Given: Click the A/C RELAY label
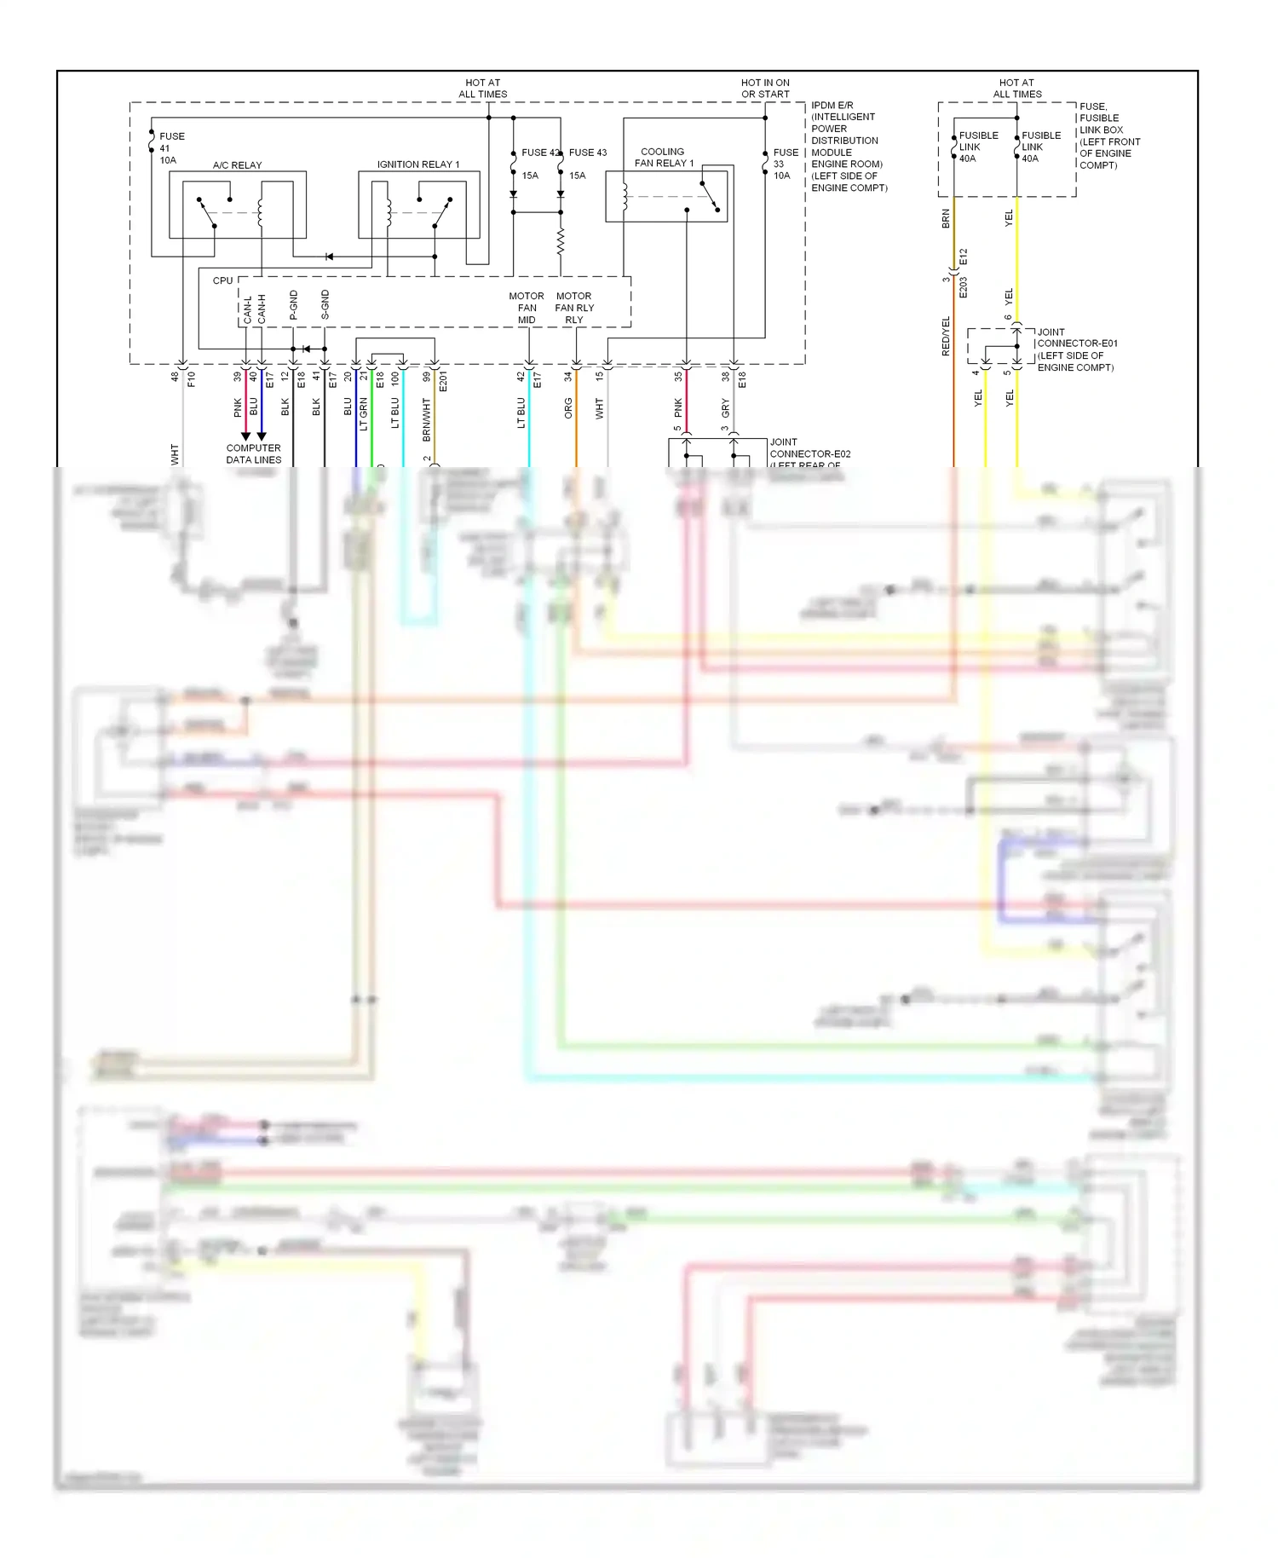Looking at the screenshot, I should (237, 165).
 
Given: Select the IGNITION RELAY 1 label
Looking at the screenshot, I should (417, 164).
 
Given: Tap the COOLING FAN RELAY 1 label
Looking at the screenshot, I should (664, 158).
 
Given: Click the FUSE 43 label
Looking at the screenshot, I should (588, 153).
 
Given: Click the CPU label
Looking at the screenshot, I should (222, 280).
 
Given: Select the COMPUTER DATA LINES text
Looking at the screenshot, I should (253, 454).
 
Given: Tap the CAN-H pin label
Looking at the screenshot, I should (262, 309).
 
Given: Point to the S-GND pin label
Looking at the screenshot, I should (325, 305).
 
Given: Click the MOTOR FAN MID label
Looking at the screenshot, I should (527, 309).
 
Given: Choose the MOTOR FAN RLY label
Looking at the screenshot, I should (574, 309).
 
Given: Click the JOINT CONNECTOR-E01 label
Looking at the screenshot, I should (1076, 349).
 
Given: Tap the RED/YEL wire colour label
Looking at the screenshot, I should (946, 336).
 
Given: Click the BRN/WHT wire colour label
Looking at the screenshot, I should (426, 419).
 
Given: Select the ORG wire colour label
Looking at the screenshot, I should (568, 408).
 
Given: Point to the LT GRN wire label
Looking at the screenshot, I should (364, 413).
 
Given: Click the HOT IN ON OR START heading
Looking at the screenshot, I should (765, 89).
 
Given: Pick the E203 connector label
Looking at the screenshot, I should (964, 287).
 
